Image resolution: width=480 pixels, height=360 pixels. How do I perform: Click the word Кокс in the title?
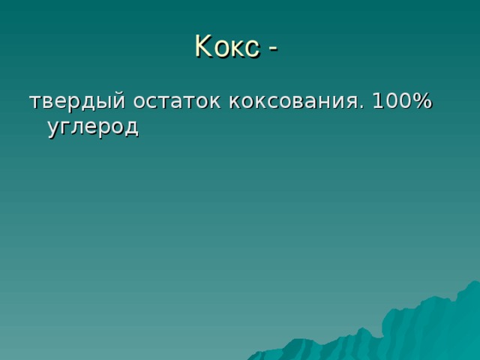pyautogui.click(x=227, y=46)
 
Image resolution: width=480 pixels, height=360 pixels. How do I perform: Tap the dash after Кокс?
pyautogui.click(x=273, y=48)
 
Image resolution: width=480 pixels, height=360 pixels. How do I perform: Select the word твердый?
pyautogui.click(x=77, y=100)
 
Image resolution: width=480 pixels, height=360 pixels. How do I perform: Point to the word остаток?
pyautogui.click(x=176, y=101)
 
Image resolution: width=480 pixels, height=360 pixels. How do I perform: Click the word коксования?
pyautogui.click(x=293, y=101)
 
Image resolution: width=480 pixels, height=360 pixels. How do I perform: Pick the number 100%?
pyautogui.click(x=402, y=100)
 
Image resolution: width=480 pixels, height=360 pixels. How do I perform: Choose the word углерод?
pyautogui.click(x=93, y=127)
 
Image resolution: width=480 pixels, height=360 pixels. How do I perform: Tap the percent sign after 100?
pyautogui.click(x=421, y=100)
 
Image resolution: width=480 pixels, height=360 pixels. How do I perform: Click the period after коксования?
pyautogui.click(x=362, y=106)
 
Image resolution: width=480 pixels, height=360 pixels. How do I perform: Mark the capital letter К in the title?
pyautogui.click(x=203, y=45)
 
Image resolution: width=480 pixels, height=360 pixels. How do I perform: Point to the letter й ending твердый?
pyautogui.click(x=118, y=100)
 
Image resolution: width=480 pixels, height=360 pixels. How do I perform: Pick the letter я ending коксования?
pyautogui.click(x=352, y=102)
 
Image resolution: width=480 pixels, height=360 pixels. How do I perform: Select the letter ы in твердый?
pyautogui.click(x=103, y=102)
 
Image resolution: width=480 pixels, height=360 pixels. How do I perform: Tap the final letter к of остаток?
pyautogui.click(x=214, y=102)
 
